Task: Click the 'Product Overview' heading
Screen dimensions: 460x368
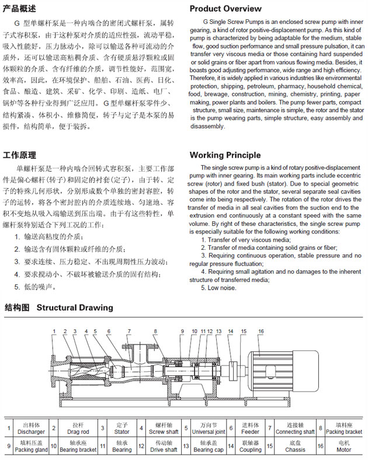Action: [225, 9]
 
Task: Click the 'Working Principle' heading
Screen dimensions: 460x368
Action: [225, 155]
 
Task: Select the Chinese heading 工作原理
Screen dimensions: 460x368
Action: [19, 155]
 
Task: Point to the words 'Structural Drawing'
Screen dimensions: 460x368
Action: [75, 307]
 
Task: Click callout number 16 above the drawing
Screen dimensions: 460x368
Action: [261, 332]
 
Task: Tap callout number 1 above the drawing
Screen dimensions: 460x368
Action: [54, 332]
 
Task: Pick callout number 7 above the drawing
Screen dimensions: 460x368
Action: [128, 332]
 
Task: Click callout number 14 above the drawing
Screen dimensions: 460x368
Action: [230, 332]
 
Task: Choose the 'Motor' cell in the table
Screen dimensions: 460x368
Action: [343, 447]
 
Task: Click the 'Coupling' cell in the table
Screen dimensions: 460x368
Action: [251, 447]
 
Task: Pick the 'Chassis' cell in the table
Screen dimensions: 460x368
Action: [296, 447]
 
